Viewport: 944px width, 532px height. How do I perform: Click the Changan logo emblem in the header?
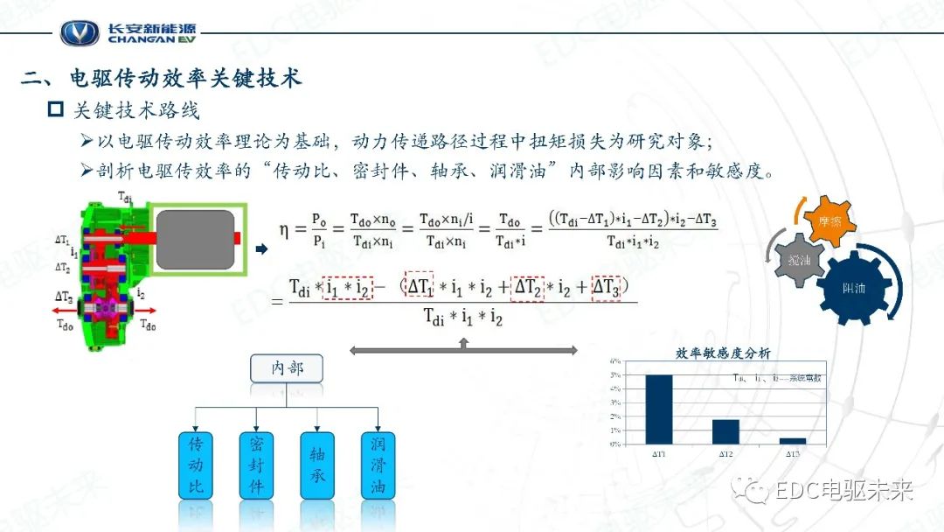coord(80,32)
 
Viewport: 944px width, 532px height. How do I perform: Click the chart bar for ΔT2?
coord(725,431)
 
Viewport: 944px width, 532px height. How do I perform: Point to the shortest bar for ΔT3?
coord(792,441)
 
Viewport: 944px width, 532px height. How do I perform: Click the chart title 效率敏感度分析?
coord(723,353)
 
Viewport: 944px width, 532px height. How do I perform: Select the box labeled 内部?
coord(287,368)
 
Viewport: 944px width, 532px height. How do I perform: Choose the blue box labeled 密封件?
coord(256,465)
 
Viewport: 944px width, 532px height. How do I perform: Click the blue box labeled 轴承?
coord(317,465)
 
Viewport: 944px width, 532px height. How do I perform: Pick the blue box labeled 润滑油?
coord(378,465)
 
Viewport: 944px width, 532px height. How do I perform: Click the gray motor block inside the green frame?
coord(196,240)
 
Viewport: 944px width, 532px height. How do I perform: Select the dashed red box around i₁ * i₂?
coord(348,288)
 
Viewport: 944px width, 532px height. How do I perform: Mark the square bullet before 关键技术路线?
coord(56,111)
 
